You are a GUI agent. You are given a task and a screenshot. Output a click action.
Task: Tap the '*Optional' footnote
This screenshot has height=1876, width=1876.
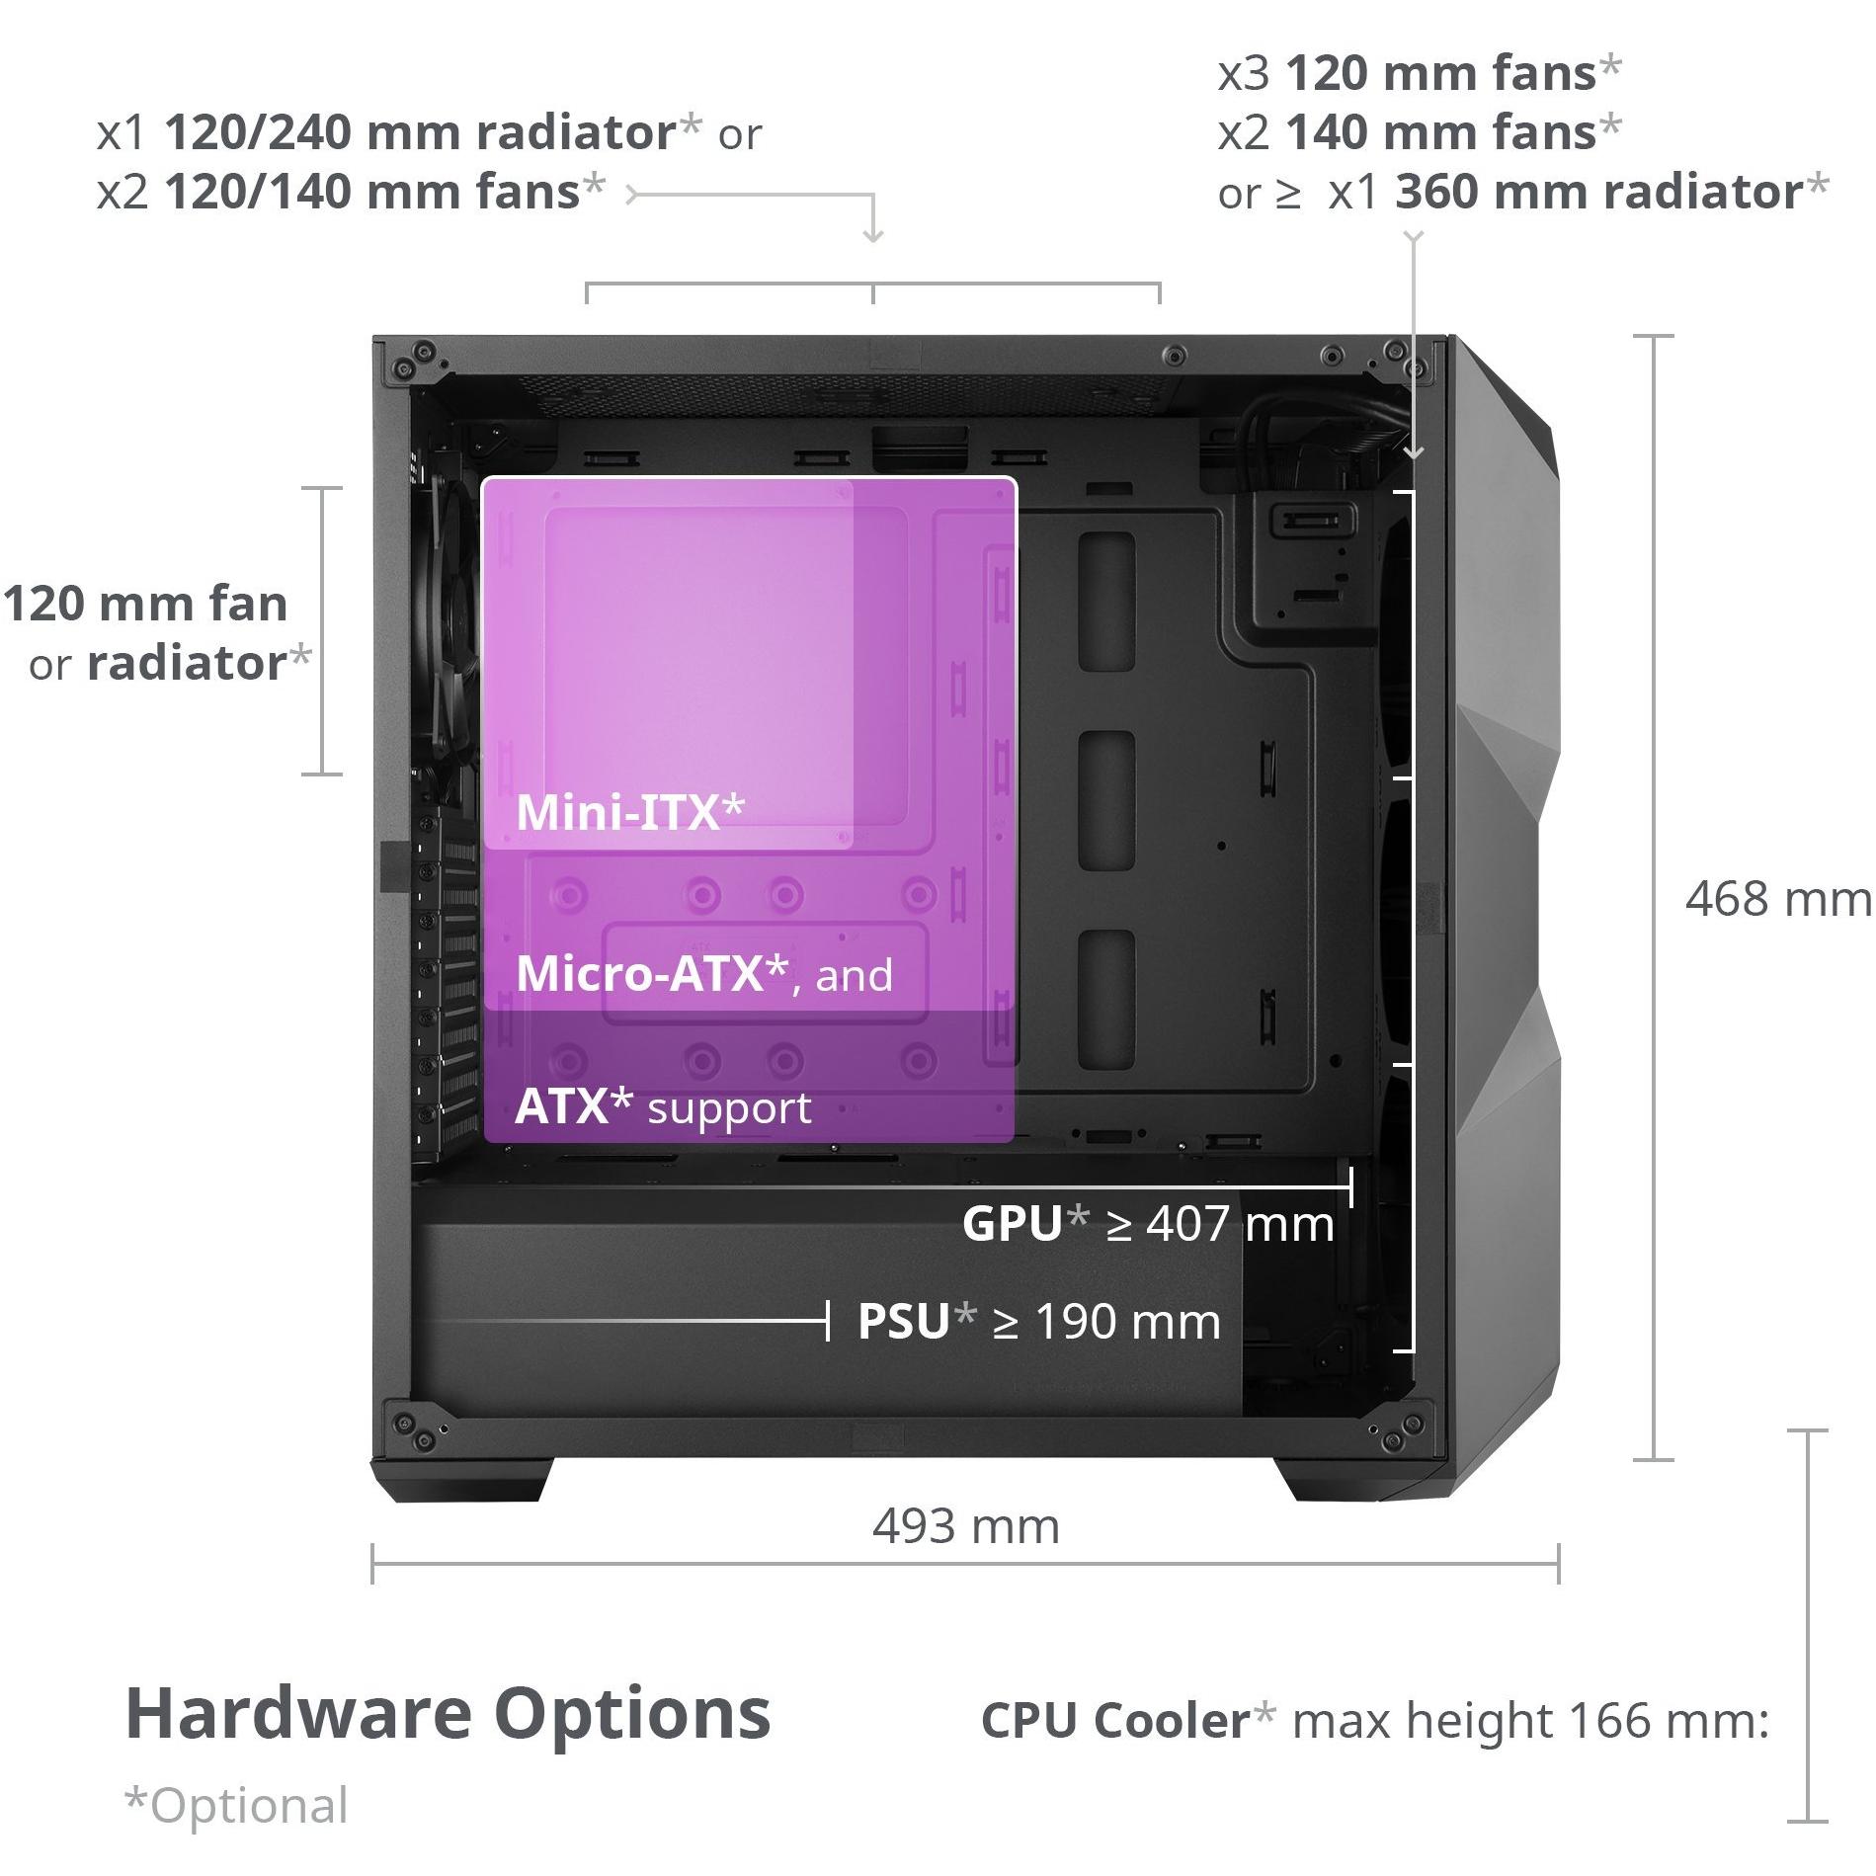pos(236,1806)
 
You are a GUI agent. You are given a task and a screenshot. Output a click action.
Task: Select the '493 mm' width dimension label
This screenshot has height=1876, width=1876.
pos(966,1527)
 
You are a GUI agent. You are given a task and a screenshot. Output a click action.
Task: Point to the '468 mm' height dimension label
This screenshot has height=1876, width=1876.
pos(1778,900)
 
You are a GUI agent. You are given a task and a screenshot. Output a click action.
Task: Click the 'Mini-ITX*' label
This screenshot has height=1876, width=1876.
pos(630,812)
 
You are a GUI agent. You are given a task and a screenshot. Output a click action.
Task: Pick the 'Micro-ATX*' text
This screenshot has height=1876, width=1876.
pos(652,974)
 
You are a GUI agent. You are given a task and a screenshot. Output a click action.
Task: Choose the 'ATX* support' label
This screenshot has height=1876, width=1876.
pos(663,1107)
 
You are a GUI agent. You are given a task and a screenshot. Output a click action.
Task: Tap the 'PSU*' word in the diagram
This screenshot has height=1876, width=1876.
pos(917,1321)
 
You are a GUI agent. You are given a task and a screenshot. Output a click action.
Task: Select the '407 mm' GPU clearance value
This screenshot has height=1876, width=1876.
pos(1240,1224)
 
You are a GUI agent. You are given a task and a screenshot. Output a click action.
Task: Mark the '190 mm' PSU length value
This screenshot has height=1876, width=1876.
pos(1128,1322)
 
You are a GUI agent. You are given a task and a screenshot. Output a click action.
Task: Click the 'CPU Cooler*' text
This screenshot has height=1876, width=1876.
pos(1128,1721)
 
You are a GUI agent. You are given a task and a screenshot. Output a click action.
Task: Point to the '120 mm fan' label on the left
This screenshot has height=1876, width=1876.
pos(145,604)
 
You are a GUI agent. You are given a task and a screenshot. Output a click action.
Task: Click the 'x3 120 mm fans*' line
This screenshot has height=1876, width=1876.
pos(1420,73)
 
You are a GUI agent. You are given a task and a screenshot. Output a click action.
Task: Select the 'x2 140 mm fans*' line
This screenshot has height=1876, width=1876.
pos(1420,132)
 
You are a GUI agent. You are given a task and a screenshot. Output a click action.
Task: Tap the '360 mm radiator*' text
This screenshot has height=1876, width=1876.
pos(1611,192)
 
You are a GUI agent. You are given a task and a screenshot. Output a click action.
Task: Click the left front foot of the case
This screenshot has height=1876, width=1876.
pos(464,1480)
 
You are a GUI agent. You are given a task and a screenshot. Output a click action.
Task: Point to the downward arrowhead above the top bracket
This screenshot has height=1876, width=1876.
pos(873,234)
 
